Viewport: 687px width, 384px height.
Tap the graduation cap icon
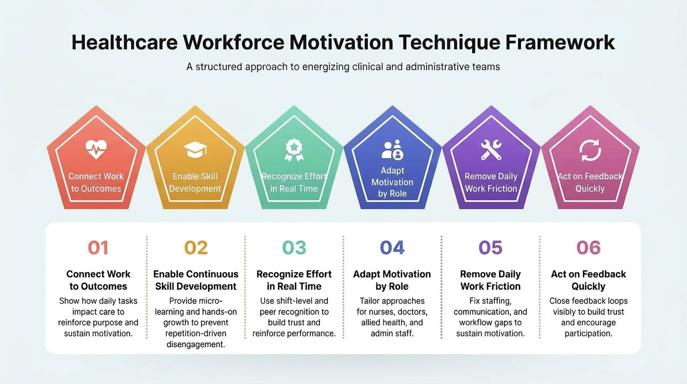[x=195, y=150]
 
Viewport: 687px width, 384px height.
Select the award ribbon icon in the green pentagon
[x=294, y=150]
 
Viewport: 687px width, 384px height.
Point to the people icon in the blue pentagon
[x=392, y=149]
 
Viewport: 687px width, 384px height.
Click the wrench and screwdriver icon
[x=491, y=150]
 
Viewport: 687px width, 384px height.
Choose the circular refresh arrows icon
[x=590, y=150]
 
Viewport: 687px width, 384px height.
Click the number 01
[x=98, y=248]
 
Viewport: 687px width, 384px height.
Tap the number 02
[x=196, y=248]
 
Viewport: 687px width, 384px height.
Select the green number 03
[x=294, y=248]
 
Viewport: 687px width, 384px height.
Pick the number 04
[x=392, y=248]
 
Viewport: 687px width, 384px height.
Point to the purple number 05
[x=490, y=248]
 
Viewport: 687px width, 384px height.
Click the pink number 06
[x=588, y=248]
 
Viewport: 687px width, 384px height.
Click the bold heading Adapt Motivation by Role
[x=392, y=280]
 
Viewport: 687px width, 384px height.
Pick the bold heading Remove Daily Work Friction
[x=490, y=280]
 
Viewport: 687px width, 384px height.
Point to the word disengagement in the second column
[x=196, y=345]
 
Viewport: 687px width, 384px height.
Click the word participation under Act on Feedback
[x=588, y=334]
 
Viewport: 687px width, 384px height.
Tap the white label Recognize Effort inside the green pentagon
[x=294, y=176]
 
